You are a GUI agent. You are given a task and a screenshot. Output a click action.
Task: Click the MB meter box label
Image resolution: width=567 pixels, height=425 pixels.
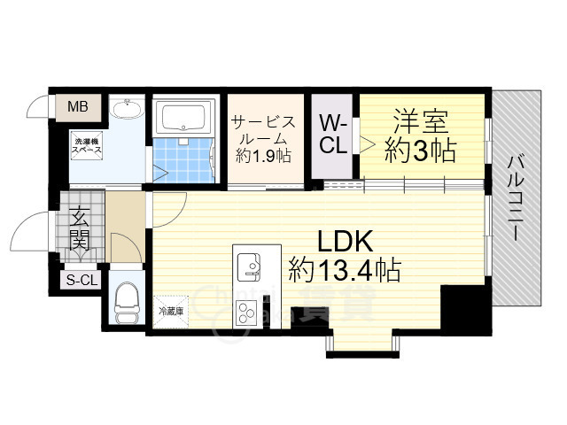point(78,108)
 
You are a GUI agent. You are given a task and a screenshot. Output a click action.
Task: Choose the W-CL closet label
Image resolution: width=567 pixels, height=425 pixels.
point(333,134)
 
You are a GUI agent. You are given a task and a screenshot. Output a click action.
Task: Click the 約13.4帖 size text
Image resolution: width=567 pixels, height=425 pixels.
point(344,267)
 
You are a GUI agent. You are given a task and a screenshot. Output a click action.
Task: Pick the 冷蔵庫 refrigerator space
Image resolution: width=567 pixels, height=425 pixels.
point(172,311)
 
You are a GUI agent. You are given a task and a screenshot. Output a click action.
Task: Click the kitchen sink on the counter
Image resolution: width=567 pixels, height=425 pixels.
point(248,265)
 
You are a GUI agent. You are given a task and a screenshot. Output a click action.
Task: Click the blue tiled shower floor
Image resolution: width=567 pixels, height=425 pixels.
point(184,156)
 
